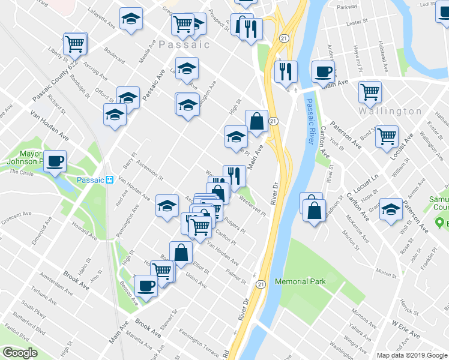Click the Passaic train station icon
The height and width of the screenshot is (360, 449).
[110, 179]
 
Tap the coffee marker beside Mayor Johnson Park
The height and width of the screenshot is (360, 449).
[55, 161]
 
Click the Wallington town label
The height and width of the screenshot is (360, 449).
[390, 111]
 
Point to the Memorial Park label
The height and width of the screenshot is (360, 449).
[300, 281]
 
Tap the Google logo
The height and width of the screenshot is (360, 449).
[20, 353]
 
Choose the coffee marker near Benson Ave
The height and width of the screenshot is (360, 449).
[145, 286]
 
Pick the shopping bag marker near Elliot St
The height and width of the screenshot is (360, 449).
[181, 253]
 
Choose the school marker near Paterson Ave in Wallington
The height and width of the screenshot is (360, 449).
[391, 209]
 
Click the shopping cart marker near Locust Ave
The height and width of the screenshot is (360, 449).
[387, 136]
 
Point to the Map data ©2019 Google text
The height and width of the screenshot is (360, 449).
[411, 355]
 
